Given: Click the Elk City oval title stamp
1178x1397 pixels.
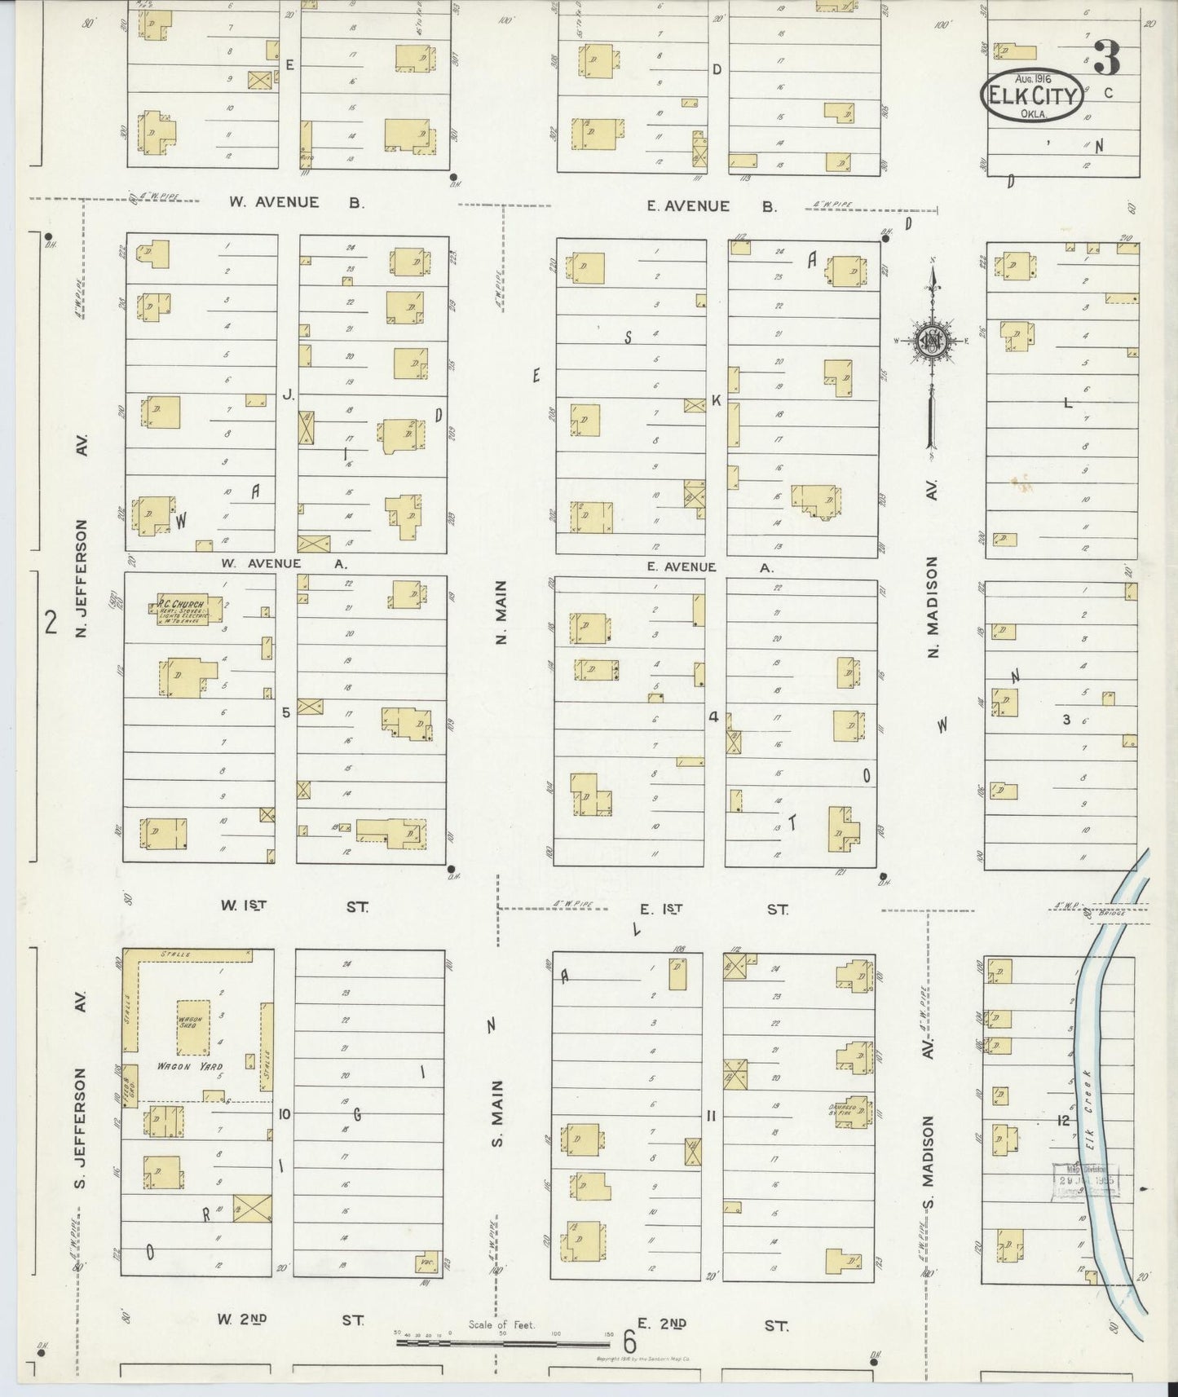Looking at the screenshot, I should tap(1032, 96).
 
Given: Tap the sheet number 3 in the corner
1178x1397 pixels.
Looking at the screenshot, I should tap(1106, 58).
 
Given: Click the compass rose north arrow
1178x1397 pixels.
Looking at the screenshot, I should tap(930, 342).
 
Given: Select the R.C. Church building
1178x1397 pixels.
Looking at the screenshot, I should tap(182, 609).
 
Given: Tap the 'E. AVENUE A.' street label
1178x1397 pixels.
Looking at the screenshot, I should tap(708, 567).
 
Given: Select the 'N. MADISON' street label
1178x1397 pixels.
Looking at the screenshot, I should tap(933, 607).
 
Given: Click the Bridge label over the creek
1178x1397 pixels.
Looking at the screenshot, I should tap(1111, 914).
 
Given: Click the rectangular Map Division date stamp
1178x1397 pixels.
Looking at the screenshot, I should tap(1085, 1179).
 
